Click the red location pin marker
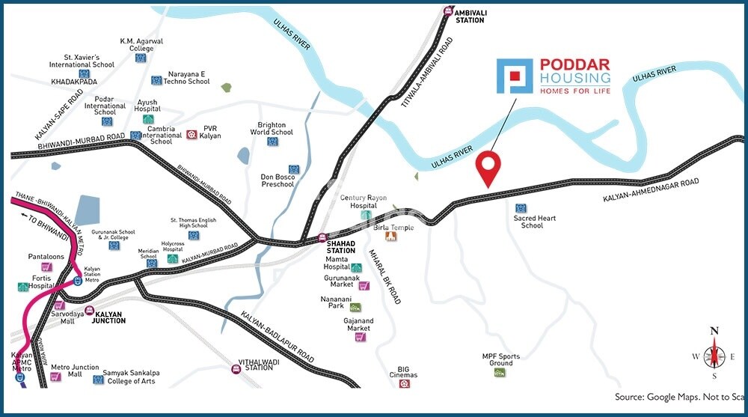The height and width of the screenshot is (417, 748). click(489, 166)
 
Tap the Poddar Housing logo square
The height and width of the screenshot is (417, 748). click(515, 77)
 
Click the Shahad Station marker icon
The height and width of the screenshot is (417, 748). click(322, 238)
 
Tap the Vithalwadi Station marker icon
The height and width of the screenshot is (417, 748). click(236, 368)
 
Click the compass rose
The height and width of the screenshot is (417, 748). click(714, 355)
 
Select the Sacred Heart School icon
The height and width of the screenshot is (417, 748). click(521, 207)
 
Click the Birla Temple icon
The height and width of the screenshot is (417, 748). click(390, 237)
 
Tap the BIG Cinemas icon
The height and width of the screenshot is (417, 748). click(405, 384)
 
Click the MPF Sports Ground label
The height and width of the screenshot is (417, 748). click(500, 361)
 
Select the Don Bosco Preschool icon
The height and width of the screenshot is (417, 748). click(293, 169)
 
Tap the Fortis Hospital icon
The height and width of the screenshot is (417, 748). click(23, 287)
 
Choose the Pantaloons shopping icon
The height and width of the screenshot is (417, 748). click(46, 267)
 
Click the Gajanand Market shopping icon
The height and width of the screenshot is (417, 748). click(360, 337)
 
